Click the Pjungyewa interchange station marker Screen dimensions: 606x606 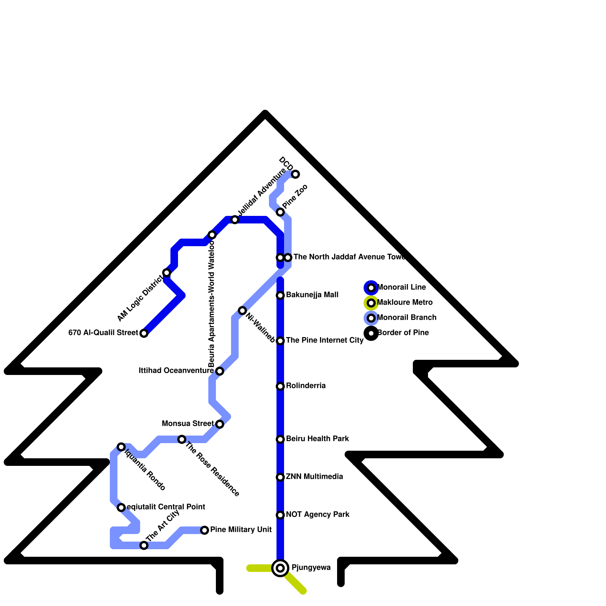coord(280,568)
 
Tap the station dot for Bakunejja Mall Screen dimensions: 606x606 coord(280,295)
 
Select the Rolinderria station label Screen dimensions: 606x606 coord(306,386)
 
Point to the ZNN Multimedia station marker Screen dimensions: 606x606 coord(280,477)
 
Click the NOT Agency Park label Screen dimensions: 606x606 coord(317,515)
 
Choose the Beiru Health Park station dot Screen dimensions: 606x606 coord(280,439)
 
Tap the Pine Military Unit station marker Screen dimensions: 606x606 coord(205,530)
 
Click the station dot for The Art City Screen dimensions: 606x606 coord(144,545)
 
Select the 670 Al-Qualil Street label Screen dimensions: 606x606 coord(103,333)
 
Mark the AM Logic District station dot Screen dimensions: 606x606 coord(167,273)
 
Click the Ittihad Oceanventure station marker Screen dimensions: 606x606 coord(220,371)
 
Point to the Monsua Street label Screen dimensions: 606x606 coord(187,423)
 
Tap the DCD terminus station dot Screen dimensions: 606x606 coord(295,174)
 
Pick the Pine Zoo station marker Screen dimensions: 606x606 coord(280,212)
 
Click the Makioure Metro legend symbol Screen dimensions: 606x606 coord(371,303)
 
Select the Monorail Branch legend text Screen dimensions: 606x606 coord(407,318)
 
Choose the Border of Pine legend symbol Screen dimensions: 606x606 coord(371,333)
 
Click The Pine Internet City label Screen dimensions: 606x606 coord(325,340)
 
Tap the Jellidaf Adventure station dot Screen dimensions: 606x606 coord(235,220)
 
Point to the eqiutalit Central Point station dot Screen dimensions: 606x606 coord(121,508)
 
